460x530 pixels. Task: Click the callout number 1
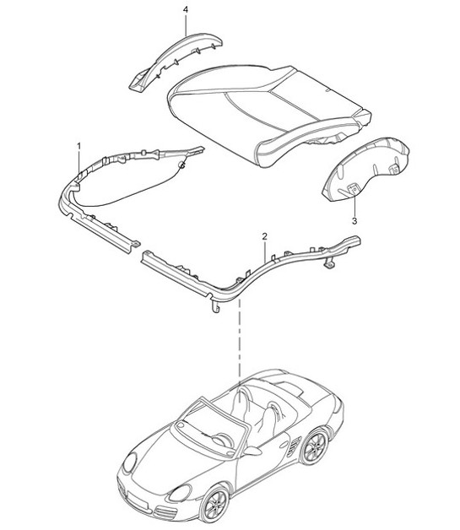click(x=80, y=147)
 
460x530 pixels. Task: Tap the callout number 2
click(x=265, y=236)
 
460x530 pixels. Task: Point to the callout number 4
click(x=186, y=10)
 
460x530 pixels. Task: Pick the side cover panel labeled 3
click(x=367, y=169)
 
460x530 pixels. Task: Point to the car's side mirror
click(x=251, y=454)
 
